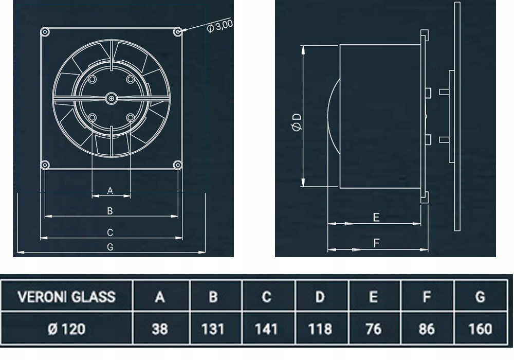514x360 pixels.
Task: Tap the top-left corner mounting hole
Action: (45, 32)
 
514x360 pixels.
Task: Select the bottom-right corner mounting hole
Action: (178, 165)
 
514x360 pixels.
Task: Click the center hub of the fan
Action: (111, 98)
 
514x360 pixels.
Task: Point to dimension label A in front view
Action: (110, 190)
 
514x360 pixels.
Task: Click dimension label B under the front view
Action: (110, 211)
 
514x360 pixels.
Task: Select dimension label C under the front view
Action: (110, 232)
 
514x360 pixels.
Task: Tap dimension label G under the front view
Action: (110, 247)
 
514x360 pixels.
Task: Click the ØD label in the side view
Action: (297, 122)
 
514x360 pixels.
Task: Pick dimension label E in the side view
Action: (376, 218)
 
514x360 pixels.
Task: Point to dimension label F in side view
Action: (376, 244)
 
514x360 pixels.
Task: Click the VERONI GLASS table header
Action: (67, 297)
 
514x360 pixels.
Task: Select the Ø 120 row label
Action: (67, 329)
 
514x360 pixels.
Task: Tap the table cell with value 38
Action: (161, 329)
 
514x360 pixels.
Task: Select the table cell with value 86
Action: (427, 329)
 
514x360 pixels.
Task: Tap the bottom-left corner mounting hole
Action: (45, 165)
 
